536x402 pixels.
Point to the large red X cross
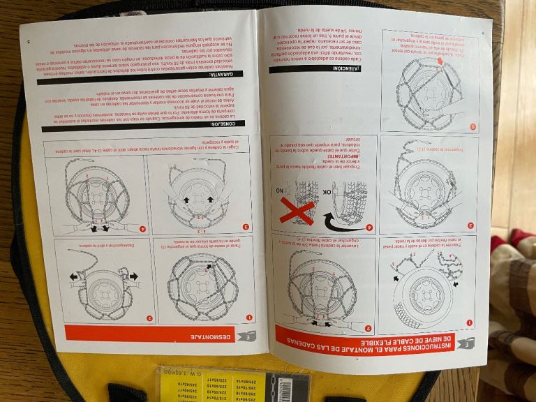[x=296, y=208]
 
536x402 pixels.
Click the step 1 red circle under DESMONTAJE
[x=249, y=318]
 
